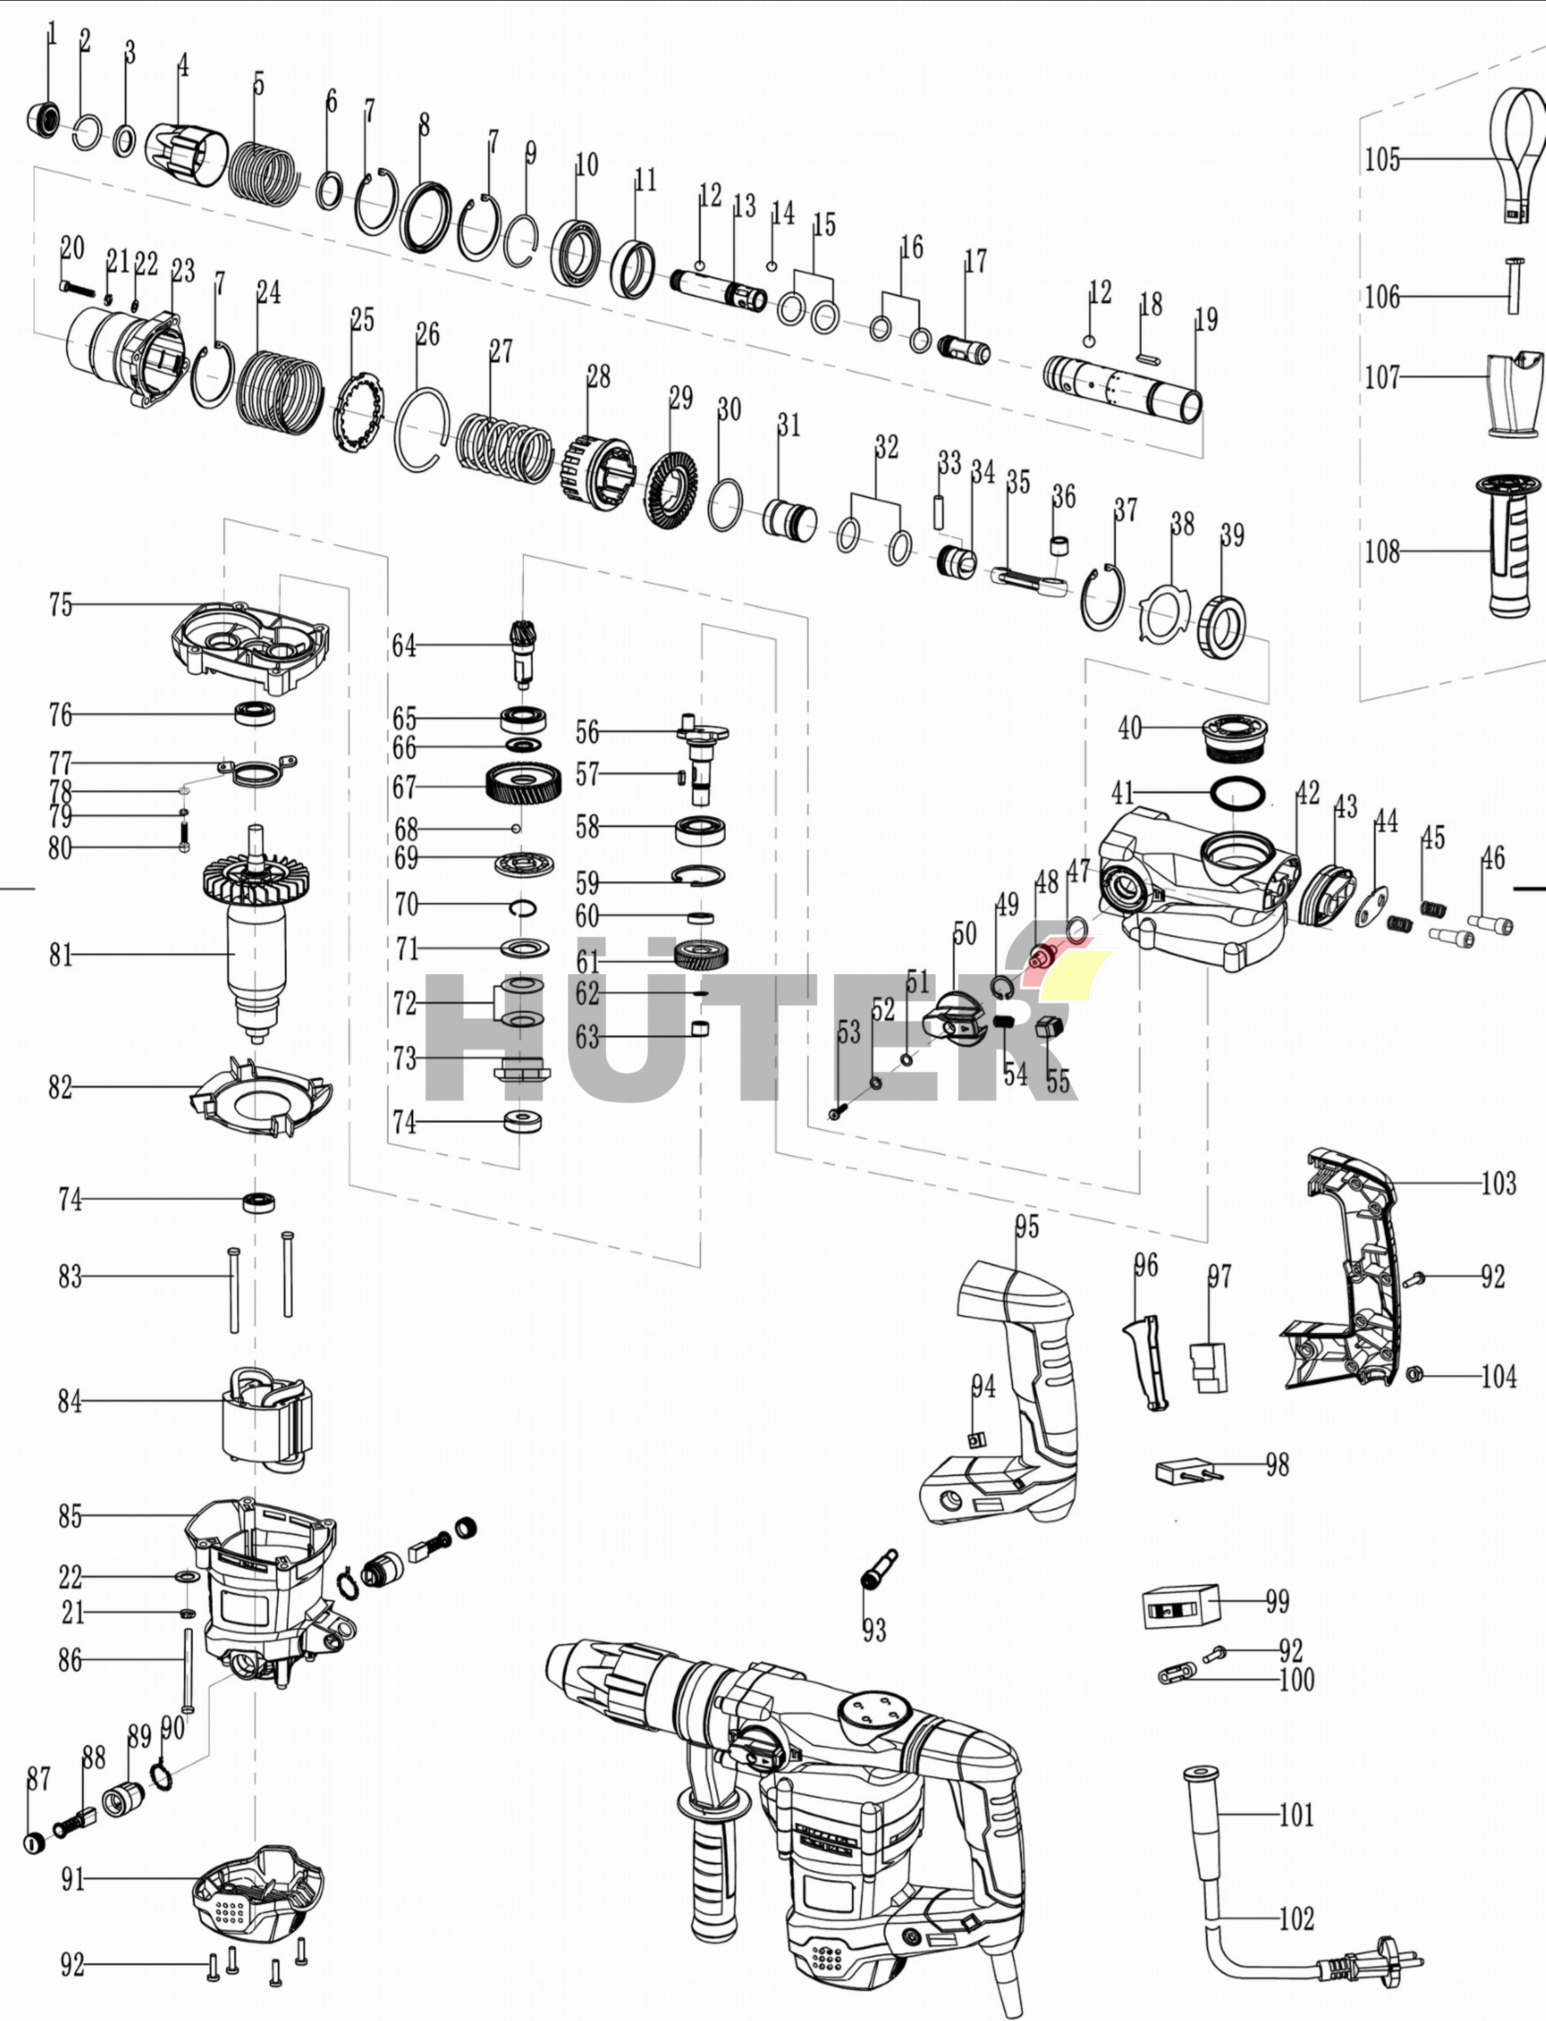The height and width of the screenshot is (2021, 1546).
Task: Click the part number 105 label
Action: [x=1382, y=159]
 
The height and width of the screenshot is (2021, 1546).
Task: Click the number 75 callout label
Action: [x=60, y=605]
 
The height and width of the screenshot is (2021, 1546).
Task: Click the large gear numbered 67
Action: [x=523, y=784]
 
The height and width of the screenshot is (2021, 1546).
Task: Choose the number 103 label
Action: [x=1498, y=1182]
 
